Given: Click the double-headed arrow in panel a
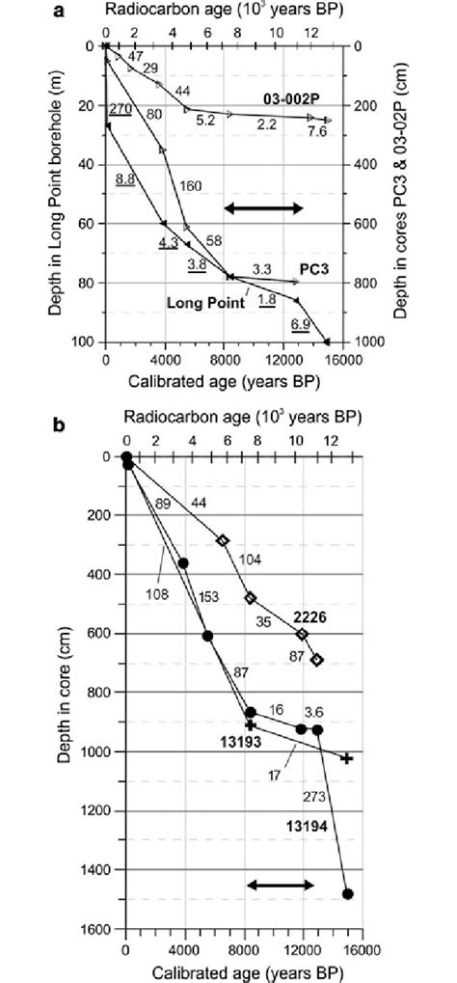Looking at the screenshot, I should [264, 208].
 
